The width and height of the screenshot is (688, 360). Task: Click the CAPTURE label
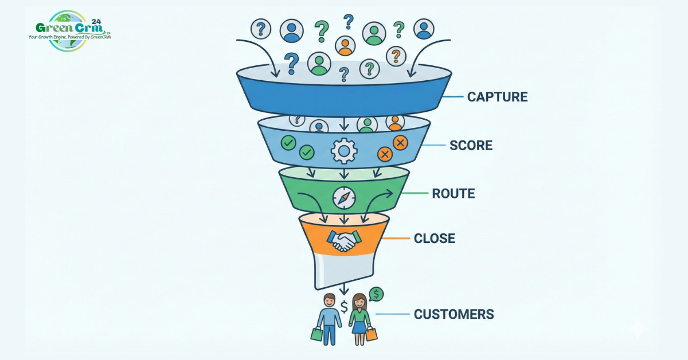click(x=497, y=96)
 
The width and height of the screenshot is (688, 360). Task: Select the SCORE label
click(x=471, y=146)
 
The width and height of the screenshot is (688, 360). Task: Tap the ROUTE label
click(x=454, y=194)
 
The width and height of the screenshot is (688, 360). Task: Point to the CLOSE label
click(x=435, y=238)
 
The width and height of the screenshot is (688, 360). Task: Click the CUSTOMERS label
click(x=454, y=314)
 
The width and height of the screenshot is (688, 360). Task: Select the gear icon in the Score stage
click(x=344, y=151)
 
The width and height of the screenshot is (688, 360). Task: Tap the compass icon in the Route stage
click(x=344, y=198)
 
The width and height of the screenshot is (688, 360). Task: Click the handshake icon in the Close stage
click(x=343, y=240)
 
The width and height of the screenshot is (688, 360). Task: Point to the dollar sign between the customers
click(x=344, y=307)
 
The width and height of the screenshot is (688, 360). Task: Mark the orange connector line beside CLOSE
click(x=395, y=238)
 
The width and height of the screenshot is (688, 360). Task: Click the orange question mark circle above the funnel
click(x=396, y=56)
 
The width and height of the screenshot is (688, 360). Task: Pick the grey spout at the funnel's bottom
click(x=343, y=271)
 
